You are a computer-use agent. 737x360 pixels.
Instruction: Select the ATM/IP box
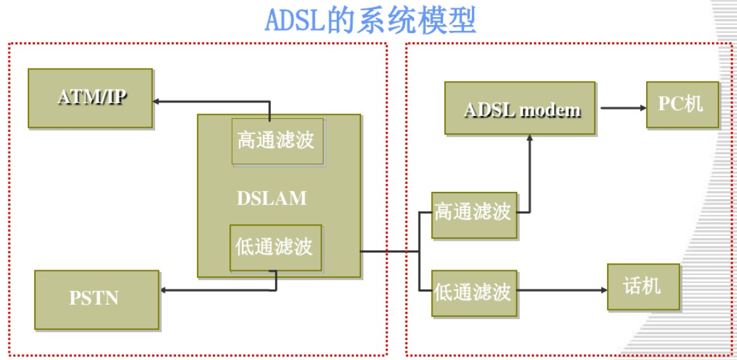(90, 98)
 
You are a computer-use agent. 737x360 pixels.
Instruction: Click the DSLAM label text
(272, 198)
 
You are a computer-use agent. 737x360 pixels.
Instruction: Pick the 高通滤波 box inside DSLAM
(277, 141)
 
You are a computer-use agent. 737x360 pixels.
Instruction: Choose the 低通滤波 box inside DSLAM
(276, 247)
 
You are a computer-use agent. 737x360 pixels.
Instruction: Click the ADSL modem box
(521, 109)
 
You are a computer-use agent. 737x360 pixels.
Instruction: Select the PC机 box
(682, 105)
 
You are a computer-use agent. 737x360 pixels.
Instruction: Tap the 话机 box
(643, 287)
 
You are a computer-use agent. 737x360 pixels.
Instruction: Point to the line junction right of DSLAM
(420, 251)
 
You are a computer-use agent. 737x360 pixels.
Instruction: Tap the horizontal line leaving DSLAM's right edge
(389, 251)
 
